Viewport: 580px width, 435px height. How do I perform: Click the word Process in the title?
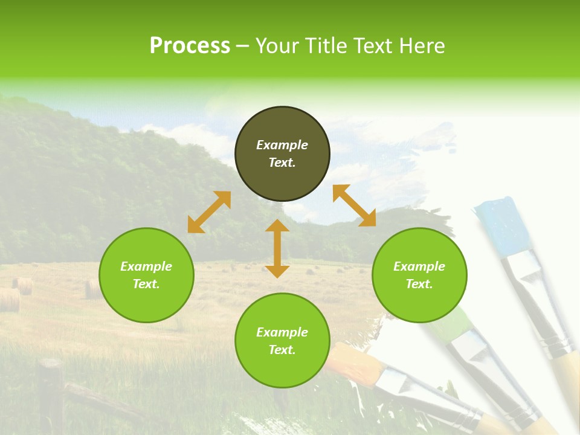tap(190, 46)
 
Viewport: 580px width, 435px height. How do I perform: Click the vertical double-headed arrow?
tap(277, 248)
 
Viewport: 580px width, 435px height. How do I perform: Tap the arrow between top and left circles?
tap(209, 212)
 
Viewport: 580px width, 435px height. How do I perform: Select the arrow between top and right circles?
tap(354, 205)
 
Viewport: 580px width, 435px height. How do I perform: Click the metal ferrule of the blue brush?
tap(526, 272)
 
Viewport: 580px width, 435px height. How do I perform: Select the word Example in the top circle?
tap(282, 145)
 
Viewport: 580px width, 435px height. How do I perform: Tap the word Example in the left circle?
tap(146, 266)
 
